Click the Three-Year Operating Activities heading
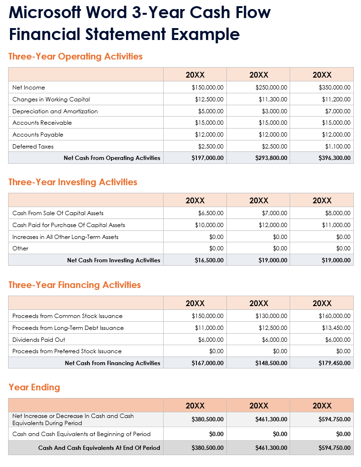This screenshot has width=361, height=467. pos(76,57)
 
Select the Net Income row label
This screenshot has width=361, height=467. pos(29,88)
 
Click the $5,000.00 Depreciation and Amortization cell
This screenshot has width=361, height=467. pos(211,111)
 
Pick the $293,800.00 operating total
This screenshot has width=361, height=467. pos(271,158)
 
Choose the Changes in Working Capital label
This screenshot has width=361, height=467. pos(51,99)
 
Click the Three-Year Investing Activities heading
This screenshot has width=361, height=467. pos(73,182)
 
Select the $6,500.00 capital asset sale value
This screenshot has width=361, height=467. pos(211,213)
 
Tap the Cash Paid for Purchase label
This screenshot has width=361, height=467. pos(69,225)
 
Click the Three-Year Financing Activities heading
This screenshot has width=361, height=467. pos(75,285)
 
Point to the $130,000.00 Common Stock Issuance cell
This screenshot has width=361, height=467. pos(271,316)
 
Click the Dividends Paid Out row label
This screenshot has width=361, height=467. pos(39,340)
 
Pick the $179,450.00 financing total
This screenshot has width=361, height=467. pos(335,363)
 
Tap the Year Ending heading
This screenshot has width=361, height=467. pos(34,388)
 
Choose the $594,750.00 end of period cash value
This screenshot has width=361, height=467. pos(335,448)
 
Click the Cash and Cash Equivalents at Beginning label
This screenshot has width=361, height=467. pos(81,434)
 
